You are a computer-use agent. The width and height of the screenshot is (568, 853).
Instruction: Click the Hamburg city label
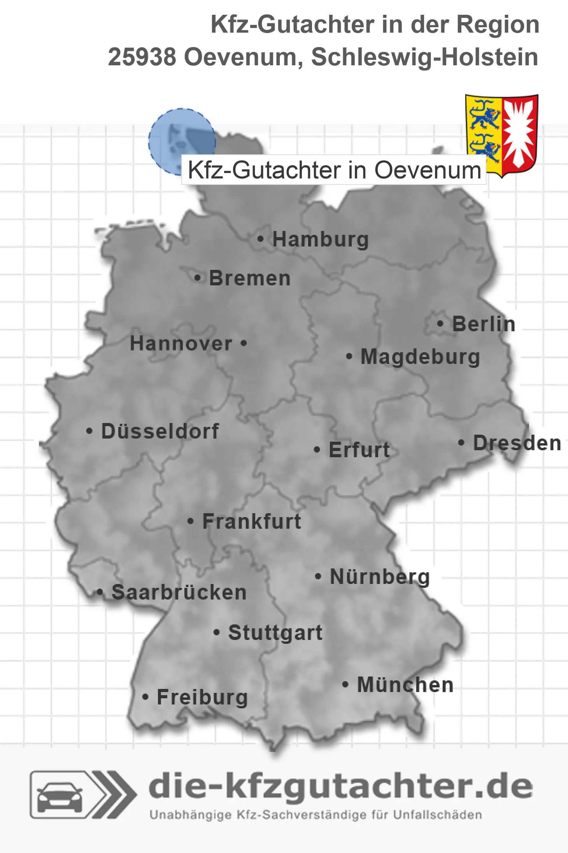coord(320,239)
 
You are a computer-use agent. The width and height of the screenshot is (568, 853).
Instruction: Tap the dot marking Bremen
coord(198,278)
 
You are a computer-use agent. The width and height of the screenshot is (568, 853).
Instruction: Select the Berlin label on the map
coord(484,324)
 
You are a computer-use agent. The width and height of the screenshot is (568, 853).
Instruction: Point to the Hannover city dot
coord(244,343)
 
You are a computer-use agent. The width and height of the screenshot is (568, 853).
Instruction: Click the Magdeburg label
coord(420,357)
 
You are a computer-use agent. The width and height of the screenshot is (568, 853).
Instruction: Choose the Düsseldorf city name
coord(160,431)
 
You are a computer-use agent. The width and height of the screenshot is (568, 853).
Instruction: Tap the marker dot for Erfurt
coord(317,450)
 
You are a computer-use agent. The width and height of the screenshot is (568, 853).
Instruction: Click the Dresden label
coord(517,443)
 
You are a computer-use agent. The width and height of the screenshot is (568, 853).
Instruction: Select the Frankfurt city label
coord(252,521)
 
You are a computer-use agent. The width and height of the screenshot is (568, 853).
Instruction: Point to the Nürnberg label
coord(380,577)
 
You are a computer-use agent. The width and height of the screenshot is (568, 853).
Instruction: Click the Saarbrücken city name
coord(179,592)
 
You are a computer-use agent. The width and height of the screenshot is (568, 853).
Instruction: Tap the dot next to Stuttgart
coord(217,633)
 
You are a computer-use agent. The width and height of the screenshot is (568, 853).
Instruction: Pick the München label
coord(405,685)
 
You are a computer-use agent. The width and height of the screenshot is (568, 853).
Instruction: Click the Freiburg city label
coord(202,697)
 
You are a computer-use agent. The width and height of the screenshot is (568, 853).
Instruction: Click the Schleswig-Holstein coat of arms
coord(501,135)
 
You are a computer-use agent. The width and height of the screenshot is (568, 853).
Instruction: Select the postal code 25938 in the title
coord(142,57)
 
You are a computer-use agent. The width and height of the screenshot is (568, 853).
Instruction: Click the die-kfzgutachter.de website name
coord(340,787)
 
